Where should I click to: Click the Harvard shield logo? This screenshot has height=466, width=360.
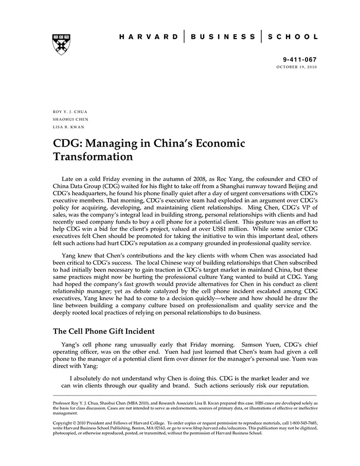[62, 45]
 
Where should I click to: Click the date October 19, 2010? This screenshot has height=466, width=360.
[297, 67]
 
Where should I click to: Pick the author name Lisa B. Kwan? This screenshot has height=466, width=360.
[68, 127]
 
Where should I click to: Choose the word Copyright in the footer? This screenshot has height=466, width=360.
[64, 423]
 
